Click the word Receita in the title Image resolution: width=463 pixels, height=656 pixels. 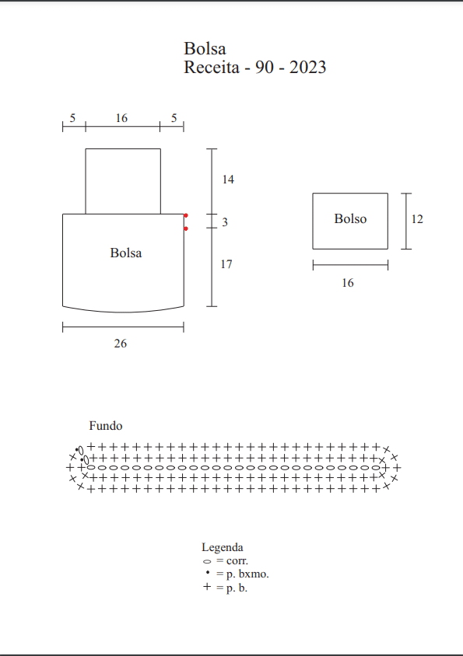coord(212,68)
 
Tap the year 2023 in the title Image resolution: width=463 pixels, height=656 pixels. coord(307,68)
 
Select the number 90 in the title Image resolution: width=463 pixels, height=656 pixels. coord(265,68)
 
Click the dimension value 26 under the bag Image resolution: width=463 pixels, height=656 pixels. coord(121,344)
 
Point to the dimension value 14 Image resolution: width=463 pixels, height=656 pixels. coord(228,180)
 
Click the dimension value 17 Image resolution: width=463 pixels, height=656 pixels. coord(226,264)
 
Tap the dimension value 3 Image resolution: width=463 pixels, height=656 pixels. coord(225,222)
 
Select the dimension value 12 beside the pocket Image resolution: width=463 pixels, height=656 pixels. coord(417,219)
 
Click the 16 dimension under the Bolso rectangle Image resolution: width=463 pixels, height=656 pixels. coord(348,283)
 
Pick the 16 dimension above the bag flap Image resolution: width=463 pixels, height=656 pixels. coord(121,118)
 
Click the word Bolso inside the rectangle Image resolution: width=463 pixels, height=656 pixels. coord(350,219)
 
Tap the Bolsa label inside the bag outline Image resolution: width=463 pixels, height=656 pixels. coord(126,253)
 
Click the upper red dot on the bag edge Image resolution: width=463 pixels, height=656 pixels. coord(186,215)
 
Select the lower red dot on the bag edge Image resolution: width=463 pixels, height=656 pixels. coord(186,229)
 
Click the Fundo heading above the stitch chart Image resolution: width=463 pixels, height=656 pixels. coord(106,426)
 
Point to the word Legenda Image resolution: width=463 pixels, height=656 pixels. coord(222,548)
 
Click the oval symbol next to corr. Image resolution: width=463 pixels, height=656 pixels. coord(207,561)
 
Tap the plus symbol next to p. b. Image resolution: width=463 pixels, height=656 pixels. coord(207,587)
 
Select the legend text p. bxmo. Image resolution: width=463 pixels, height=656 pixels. coord(247,574)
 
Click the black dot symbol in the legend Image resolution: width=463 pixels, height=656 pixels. coord(208,572)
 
